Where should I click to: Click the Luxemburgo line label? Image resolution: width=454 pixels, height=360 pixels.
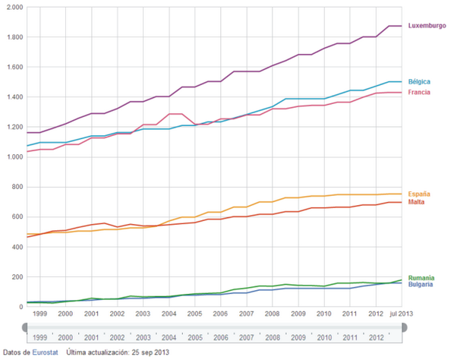pyautogui.click(x=426, y=26)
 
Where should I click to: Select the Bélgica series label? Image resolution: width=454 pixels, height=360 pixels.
pyautogui.click(x=420, y=81)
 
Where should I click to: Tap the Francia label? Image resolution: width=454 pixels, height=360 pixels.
pyautogui.click(x=420, y=92)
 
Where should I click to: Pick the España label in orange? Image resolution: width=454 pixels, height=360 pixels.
pyautogui.click(x=420, y=194)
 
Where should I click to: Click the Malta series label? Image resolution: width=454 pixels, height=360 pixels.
pyautogui.click(x=418, y=202)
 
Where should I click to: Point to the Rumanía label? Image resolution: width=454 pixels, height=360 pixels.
pyautogui.click(x=421, y=279)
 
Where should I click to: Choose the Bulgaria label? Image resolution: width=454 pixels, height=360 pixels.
pyautogui.click(x=421, y=286)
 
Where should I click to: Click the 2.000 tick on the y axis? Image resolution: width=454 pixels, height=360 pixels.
pyautogui.click(x=13, y=7)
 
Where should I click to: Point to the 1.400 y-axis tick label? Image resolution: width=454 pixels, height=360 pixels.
pyautogui.click(x=13, y=97)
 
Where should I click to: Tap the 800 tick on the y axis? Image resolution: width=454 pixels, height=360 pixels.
pyautogui.click(x=16, y=187)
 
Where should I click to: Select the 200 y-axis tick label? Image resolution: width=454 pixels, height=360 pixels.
pyautogui.click(x=16, y=277)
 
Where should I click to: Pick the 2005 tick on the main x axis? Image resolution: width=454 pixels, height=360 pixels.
pyautogui.click(x=194, y=313)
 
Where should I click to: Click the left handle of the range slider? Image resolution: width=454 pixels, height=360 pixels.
pyautogui.click(x=26, y=327)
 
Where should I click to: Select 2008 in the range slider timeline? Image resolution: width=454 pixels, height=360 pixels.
pyautogui.click(x=273, y=337)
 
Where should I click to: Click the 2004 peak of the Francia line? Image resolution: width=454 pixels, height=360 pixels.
pyautogui.click(x=176, y=114)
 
